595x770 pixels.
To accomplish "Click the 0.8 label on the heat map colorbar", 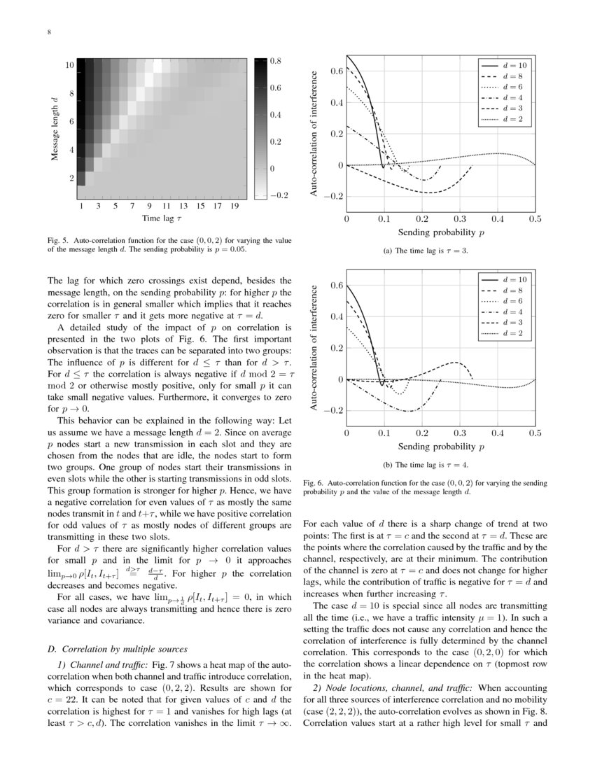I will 275,62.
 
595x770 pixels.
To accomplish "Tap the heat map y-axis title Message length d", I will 55,129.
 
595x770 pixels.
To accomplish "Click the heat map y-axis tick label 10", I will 69,65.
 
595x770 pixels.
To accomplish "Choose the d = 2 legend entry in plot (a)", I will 505,120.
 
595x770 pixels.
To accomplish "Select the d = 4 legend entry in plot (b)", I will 505,312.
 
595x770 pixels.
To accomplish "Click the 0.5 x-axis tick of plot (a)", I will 535,219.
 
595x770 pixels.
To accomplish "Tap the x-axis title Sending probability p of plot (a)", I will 440,232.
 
